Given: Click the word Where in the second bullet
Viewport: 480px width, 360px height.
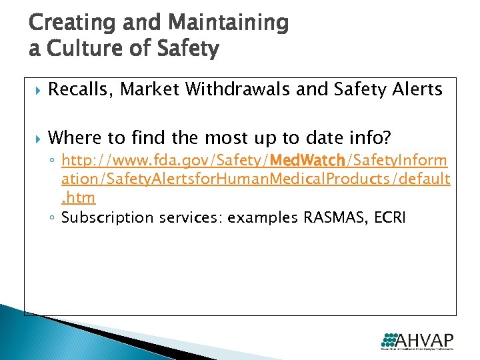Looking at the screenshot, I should click(73, 138).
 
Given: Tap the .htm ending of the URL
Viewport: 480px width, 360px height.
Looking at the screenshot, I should click(78, 197).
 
